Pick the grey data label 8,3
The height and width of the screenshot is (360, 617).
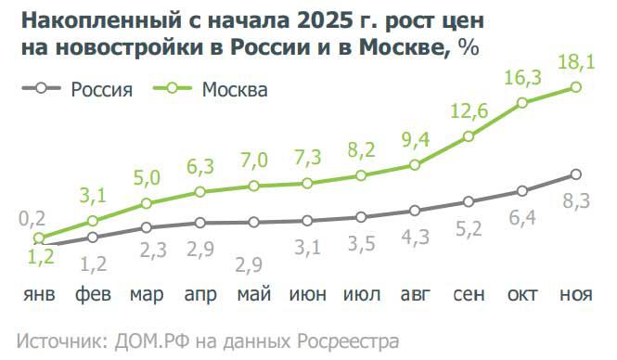click(575, 199)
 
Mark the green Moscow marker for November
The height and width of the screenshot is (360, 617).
click(576, 87)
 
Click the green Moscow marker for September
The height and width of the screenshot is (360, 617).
click(469, 136)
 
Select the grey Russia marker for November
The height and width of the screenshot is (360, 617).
click(576, 174)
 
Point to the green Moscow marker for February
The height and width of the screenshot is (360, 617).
click(92, 221)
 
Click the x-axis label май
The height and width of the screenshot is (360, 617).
click(253, 295)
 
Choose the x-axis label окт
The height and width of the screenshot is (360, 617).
click(523, 295)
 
